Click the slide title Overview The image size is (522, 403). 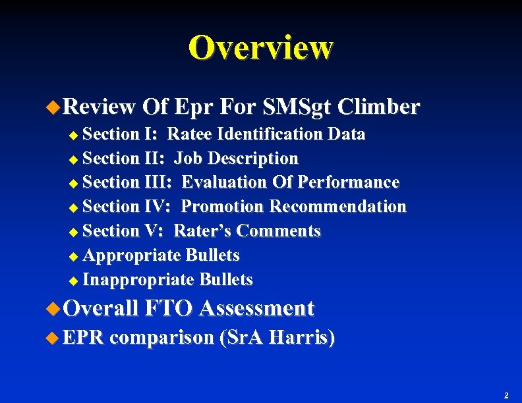point(261,47)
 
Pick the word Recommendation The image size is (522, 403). point(338,207)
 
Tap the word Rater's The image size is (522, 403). point(203,231)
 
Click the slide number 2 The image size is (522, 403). point(506,396)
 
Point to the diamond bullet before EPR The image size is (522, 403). point(55,338)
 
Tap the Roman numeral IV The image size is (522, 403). point(158,207)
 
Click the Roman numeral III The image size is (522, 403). point(158,182)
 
